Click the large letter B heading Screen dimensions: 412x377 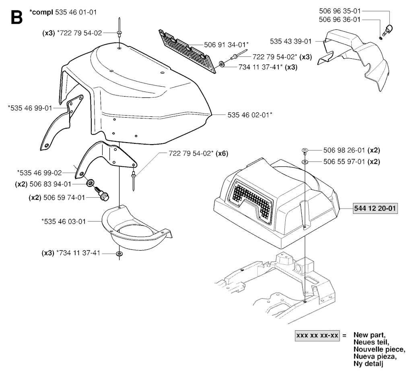point(17,18)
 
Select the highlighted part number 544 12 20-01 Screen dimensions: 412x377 point(375,208)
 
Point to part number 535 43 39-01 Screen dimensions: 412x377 point(290,41)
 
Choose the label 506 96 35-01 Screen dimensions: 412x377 point(340,11)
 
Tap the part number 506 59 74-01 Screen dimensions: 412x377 point(64,197)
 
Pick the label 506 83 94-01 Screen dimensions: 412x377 point(50,184)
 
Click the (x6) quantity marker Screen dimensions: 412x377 point(222,153)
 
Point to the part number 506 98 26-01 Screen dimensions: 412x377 point(344,150)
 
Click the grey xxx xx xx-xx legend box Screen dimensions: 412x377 point(317,336)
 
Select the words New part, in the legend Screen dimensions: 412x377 point(369,335)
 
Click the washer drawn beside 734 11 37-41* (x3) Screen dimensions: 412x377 point(221,64)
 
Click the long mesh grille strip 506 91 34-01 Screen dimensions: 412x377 point(187,52)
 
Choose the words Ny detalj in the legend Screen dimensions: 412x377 point(369,364)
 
